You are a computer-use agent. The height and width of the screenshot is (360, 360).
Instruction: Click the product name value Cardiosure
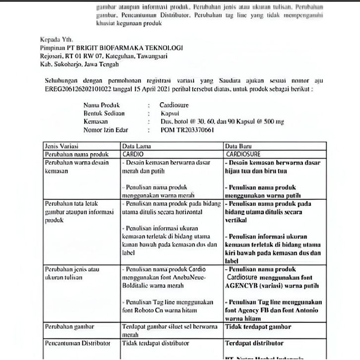tap(174, 106)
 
